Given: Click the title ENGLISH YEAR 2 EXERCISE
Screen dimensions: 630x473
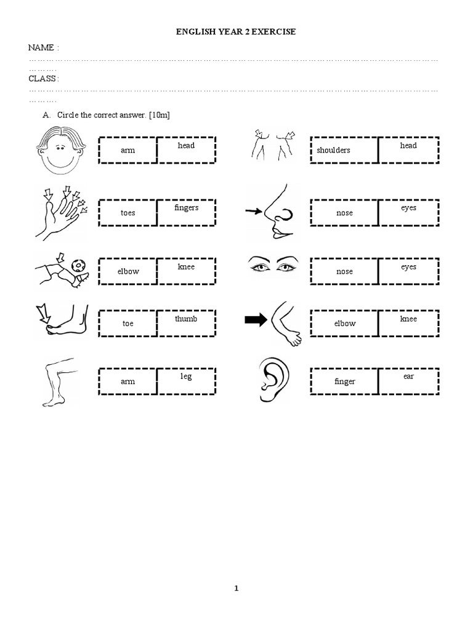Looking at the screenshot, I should pyautogui.click(x=236, y=31).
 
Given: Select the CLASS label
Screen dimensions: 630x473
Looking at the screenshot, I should pyautogui.click(x=44, y=79).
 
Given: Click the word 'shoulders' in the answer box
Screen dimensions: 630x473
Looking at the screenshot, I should pyautogui.click(x=333, y=150).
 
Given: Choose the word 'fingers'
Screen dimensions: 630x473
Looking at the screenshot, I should pyautogui.click(x=186, y=208).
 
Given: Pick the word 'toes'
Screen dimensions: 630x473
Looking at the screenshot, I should pyautogui.click(x=128, y=213).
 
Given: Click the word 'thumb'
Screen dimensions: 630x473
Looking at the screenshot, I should pyautogui.click(x=185, y=319).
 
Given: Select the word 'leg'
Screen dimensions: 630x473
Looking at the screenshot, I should pyautogui.click(x=186, y=376).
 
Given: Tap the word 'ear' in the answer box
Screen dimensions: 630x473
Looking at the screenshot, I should pyautogui.click(x=408, y=376).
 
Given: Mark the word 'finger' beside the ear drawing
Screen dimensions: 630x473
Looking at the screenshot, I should pyautogui.click(x=345, y=381).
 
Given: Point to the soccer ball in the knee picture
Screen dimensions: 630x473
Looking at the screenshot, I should pyautogui.click(x=79, y=265).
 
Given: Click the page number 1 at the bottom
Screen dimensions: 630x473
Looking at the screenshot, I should pyautogui.click(x=236, y=588).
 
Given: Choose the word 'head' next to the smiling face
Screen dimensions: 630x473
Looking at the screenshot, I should pyautogui.click(x=186, y=145).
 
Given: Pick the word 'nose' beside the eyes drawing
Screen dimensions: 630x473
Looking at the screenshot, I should pyautogui.click(x=344, y=271).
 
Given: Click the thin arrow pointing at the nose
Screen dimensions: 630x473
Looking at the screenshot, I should pyautogui.click(x=254, y=212).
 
